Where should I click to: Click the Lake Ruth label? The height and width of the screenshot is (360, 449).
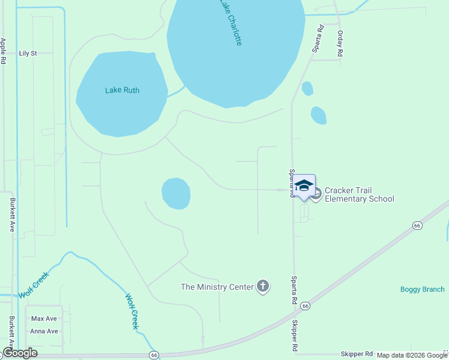coord(122,91)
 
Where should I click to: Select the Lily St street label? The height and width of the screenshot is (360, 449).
coord(28,53)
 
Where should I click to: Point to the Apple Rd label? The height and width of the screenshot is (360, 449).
coord(4,51)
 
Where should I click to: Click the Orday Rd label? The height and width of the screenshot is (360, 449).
coord(340,43)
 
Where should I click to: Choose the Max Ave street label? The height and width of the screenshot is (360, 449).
coord(44,319)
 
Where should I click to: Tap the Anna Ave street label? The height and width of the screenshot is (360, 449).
coord(44,331)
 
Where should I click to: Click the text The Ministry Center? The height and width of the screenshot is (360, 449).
coord(217,287)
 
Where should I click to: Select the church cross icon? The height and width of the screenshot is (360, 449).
coord(263,286)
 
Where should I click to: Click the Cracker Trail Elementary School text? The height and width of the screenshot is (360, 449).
coord(359,195)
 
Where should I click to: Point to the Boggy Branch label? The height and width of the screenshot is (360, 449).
coord(422,289)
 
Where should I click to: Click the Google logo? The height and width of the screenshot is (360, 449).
coord(20,353)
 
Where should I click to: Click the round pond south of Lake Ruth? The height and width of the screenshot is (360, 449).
coord(176,193)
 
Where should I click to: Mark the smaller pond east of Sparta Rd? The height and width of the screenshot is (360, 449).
coord(307,88)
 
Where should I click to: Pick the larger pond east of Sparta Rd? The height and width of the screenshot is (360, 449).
coord(319,115)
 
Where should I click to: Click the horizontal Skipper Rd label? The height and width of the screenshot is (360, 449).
coord(357,355)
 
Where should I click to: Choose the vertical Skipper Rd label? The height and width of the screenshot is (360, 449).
coord(295,336)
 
